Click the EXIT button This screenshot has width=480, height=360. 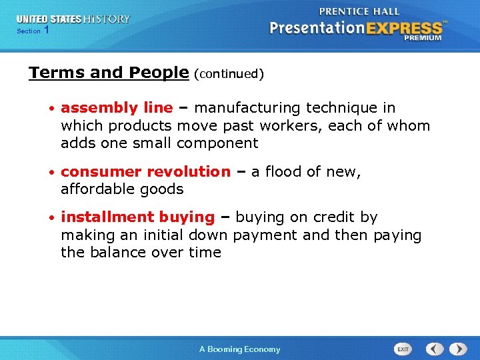pyautogui.click(x=403, y=349)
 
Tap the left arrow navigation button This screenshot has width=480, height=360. pyautogui.click(x=435, y=349)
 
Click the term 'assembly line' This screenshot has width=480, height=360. pyautogui.click(x=117, y=108)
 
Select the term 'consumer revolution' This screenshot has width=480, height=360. pyautogui.click(x=145, y=171)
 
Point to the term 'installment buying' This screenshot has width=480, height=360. pyautogui.click(x=137, y=217)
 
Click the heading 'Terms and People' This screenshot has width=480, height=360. pyautogui.click(x=109, y=73)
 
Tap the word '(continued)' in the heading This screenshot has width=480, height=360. pyautogui.click(x=229, y=74)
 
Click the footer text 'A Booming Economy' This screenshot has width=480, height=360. pyautogui.click(x=240, y=349)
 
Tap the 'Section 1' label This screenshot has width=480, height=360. pyautogui.click(x=32, y=31)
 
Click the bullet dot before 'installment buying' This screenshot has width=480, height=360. pyautogui.click(x=51, y=218)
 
